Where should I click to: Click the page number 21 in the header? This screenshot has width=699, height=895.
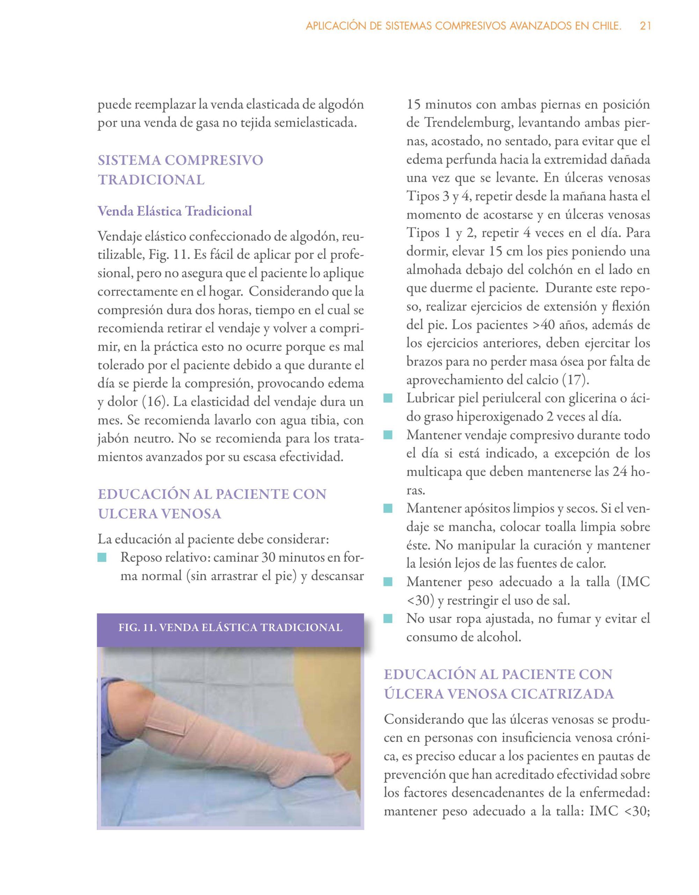pyautogui.click(x=645, y=26)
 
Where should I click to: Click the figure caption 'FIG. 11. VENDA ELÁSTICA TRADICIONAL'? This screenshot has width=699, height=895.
pyautogui.click(x=230, y=628)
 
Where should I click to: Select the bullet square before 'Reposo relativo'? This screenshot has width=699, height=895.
pyautogui.click(x=102, y=558)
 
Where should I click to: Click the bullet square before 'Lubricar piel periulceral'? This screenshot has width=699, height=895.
pyautogui.click(x=388, y=398)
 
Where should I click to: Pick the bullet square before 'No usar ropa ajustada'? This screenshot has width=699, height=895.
pyautogui.click(x=388, y=619)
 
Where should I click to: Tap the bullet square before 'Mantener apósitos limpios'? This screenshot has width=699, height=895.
pyautogui.click(x=388, y=509)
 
